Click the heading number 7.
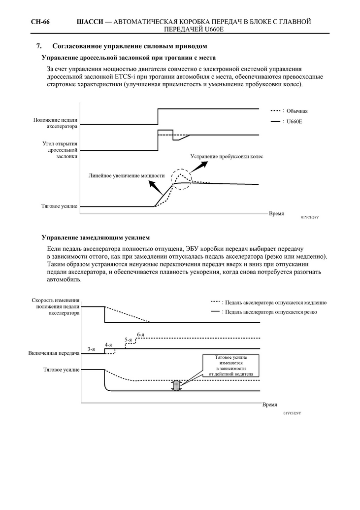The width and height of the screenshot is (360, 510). tap(39, 46)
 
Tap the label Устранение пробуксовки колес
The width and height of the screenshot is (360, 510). tap(227, 157)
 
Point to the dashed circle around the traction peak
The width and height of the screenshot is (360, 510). tap(182, 177)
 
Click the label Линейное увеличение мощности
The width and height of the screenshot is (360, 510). tap(127, 175)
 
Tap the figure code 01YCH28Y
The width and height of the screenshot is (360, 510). tap(310, 217)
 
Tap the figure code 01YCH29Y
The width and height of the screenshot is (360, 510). tap(292, 412)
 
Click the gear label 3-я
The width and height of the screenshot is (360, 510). tap(91, 349)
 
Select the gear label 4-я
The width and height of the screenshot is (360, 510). tap(108, 344)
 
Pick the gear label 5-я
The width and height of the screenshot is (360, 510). tap(128, 340)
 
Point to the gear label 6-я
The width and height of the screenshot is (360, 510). tap(141, 334)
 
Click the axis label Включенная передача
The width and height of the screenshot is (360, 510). tap(55, 353)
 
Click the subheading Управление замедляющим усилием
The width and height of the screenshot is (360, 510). tap(95, 238)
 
